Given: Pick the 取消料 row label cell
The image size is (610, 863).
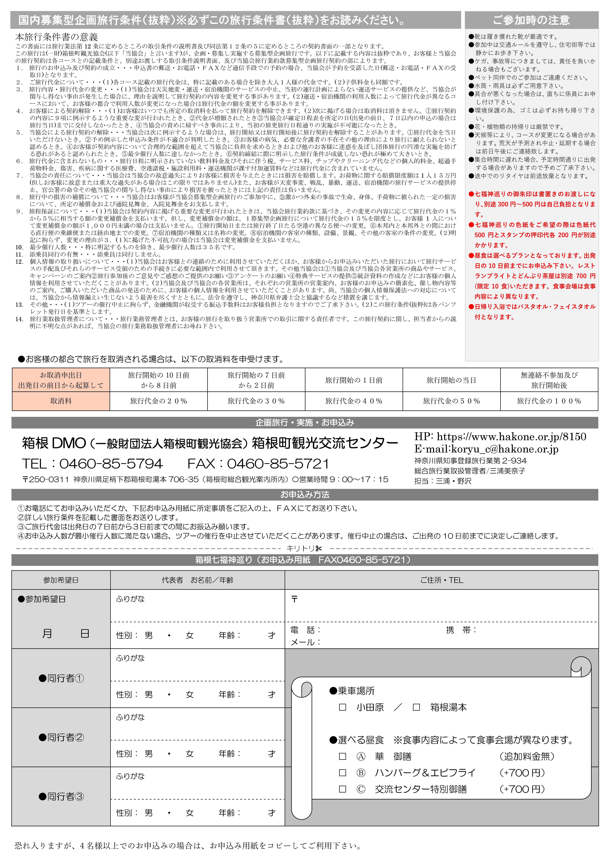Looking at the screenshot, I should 61,401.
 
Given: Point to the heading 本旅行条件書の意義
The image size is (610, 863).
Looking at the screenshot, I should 56,37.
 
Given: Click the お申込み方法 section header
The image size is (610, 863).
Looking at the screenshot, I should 305,495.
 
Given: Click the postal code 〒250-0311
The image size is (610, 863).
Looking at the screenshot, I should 46,480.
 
